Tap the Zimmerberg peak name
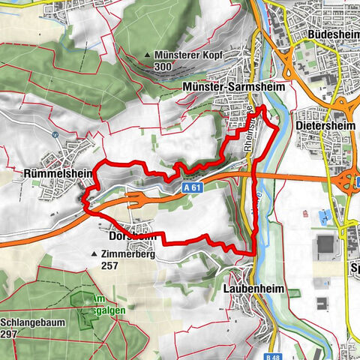coord(131,255)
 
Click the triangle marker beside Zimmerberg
coord(94,255)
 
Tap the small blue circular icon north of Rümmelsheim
coord(55,134)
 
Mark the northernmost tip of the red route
coord(262,108)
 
